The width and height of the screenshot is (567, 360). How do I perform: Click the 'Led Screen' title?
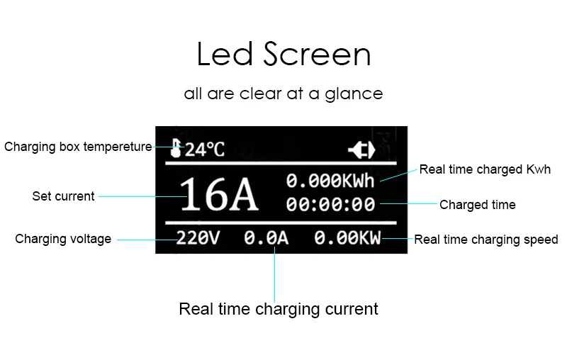point(283,55)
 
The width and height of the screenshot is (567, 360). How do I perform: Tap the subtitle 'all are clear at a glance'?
point(283,94)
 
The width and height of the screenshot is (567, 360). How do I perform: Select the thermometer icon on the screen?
point(176,148)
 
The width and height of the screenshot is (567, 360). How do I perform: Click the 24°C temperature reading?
point(205,150)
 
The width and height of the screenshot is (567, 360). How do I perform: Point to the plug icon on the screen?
point(360,150)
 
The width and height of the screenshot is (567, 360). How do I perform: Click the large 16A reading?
point(218,195)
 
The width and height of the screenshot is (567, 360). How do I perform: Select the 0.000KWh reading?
point(330,181)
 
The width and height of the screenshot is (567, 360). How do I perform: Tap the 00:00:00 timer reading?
point(330,205)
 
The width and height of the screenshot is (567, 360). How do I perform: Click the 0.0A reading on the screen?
point(266,239)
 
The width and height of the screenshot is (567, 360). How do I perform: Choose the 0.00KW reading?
point(347,239)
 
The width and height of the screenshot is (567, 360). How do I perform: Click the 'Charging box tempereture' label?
point(78,147)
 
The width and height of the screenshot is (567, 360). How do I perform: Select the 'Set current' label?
point(63,196)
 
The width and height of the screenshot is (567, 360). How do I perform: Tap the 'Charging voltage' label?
point(63,239)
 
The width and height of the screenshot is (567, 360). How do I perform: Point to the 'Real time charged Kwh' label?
point(485,169)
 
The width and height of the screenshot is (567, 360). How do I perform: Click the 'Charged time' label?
point(477,206)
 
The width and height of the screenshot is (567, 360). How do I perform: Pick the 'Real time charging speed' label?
point(486,240)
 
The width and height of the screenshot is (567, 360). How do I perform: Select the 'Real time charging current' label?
point(279,309)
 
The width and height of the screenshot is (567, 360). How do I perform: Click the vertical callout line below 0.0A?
point(275,273)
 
